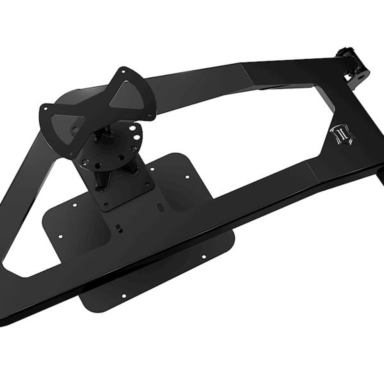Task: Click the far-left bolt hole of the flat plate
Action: point(60,236)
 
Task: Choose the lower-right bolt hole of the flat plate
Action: point(204,257)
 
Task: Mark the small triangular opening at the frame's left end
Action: point(29,256)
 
